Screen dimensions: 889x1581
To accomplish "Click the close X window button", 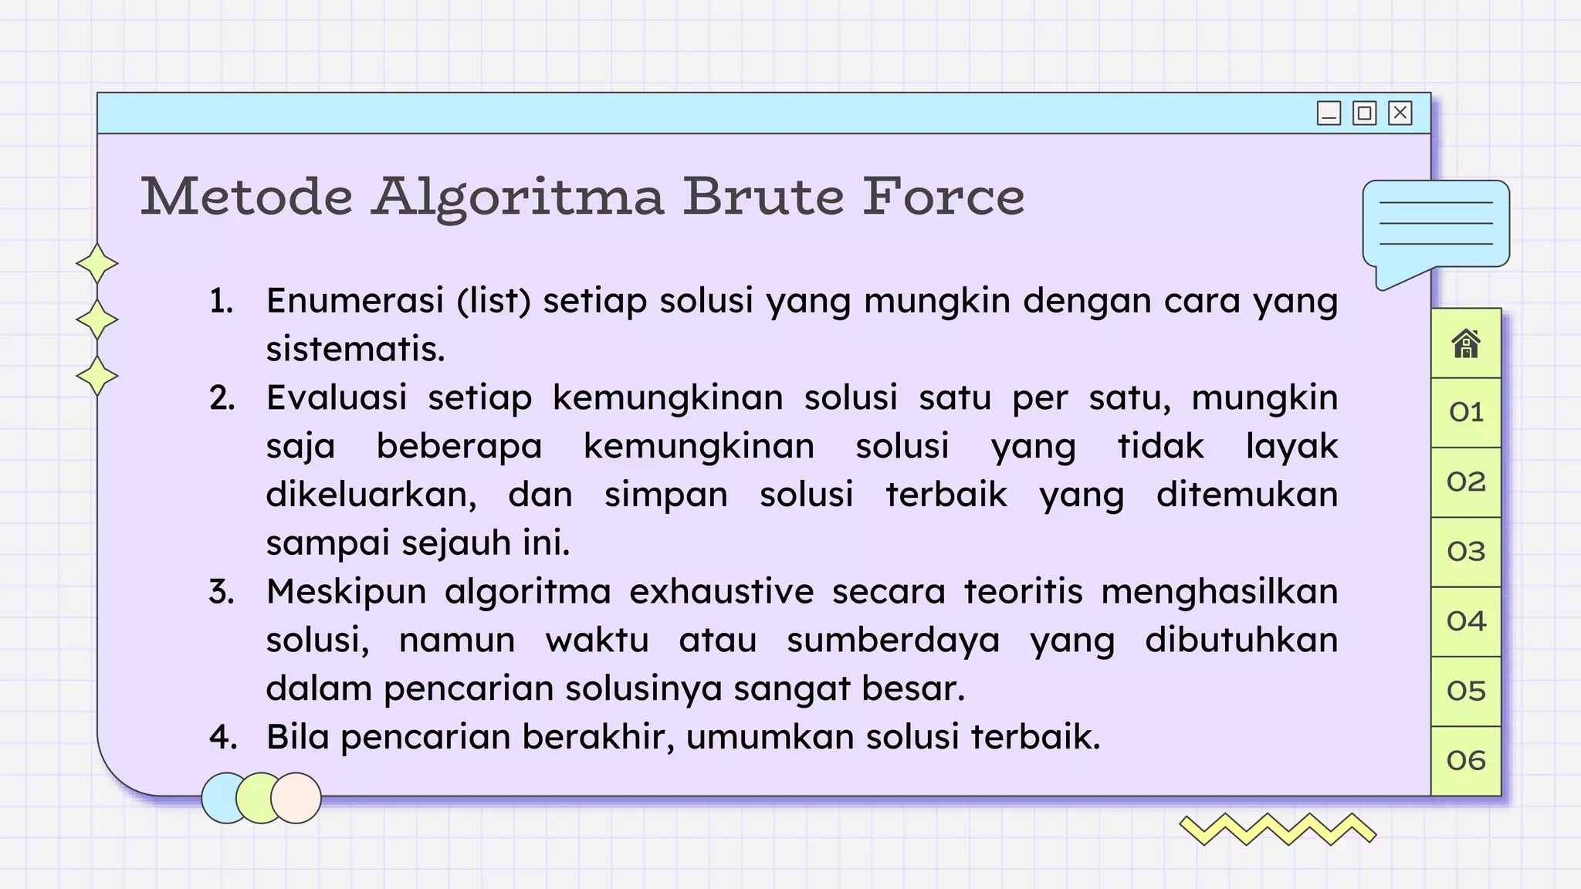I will tap(1400, 113).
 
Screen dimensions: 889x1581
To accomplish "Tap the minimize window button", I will tap(1329, 113).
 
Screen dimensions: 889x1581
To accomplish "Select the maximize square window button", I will tap(1364, 113).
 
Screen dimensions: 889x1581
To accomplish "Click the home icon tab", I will tap(1466, 344).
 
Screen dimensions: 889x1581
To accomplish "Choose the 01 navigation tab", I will tap(1466, 412).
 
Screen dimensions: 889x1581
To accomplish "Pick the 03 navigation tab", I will tap(1466, 552).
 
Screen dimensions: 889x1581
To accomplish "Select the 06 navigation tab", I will tap(1466, 761).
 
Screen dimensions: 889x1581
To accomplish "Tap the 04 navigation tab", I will tap(1466, 621).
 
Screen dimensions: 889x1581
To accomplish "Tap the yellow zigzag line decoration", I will tap(1278, 830).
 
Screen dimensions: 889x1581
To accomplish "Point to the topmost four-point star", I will tap(97, 264).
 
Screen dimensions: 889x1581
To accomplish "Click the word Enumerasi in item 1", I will tap(355, 301).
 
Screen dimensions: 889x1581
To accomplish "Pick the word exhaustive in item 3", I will tap(721, 592).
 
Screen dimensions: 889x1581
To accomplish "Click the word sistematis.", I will tap(355, 350).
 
